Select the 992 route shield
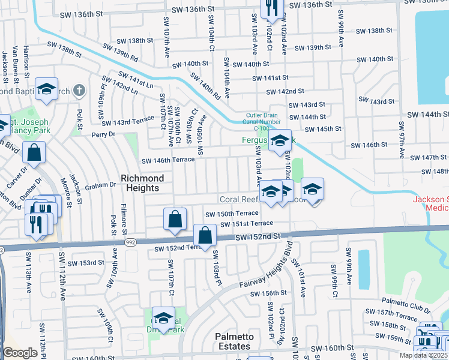click(130, 242)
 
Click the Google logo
click(20, 353)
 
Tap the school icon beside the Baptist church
click(46, 90)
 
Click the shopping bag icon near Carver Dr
click(34, 154)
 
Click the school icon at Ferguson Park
click(279, 142)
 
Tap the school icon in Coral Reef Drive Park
click(163, 318)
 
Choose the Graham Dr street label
click(100, 185)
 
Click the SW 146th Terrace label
click(168, 160)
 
